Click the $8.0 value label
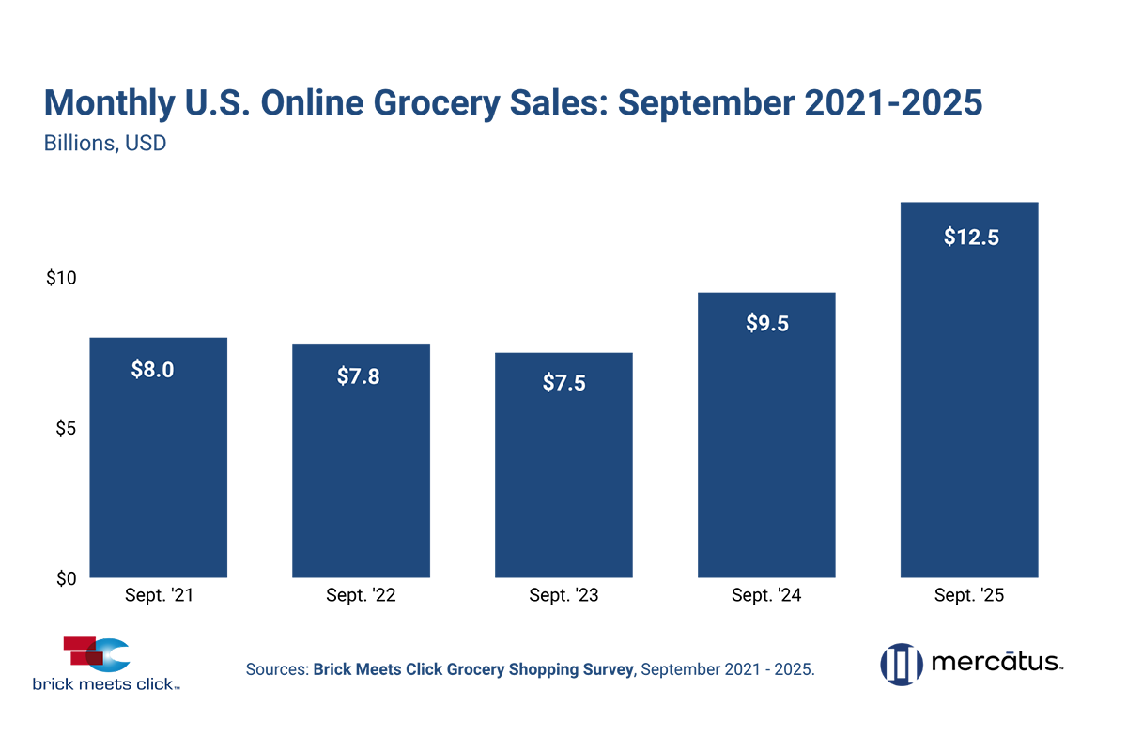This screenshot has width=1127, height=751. (152, 369)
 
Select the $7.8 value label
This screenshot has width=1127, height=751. (360, 376)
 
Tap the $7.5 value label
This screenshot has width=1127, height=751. (563, 383)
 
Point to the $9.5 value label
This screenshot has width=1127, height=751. (767, 324)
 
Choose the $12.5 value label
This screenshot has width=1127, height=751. (971, 238)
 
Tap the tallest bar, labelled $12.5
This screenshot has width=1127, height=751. (971, 394)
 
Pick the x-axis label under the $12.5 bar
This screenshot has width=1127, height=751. (971, 590)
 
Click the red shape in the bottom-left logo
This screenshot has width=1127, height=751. (58, 638)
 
